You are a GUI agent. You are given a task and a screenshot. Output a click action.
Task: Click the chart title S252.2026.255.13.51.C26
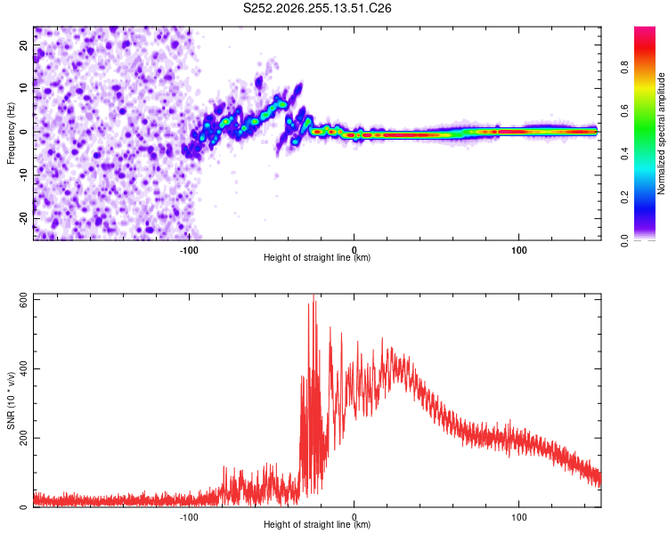(x=317, y=8)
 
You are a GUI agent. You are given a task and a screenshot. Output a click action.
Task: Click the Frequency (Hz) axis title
(x=11, y=133)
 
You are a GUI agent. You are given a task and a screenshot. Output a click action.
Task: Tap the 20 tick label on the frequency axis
(x=23, y=44)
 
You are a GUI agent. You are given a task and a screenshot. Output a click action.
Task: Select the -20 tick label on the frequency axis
(x=23, y=219)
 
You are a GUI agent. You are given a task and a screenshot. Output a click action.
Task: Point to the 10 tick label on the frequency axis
(x=23, y=88)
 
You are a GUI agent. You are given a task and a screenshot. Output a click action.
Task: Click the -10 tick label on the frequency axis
(x=23, y=175)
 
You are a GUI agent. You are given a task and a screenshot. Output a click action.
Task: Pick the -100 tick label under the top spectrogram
(x=189, y=250)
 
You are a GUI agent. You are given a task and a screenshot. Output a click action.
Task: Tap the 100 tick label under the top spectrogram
(x=519, y=250)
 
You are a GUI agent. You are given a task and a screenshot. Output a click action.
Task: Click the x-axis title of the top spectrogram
(x=317, y=257)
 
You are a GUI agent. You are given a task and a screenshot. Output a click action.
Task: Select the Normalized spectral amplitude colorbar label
(x=661, y=133)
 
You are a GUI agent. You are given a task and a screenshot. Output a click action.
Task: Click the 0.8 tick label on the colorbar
(x=624, y=68)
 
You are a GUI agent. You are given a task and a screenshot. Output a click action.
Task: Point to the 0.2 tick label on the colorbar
(x=624, y=198)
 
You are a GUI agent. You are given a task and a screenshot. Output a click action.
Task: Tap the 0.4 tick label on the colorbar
(x=624, y=154)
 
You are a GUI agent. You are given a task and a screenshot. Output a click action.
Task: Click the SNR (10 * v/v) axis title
(x=11, y=400)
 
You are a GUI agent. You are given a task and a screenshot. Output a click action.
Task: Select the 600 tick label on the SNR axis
(x=23, y=302)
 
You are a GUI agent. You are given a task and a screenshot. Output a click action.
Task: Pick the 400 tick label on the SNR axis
(x=23, y=368)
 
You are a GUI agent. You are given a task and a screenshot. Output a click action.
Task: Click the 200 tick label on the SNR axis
(x=23, y=438)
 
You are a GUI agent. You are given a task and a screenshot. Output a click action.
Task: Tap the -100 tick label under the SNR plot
(x=189, y=517)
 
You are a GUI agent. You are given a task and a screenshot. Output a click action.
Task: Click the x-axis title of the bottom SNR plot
(x=317, y=524)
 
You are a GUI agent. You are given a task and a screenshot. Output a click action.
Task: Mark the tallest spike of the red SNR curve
(x=314, y=295)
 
